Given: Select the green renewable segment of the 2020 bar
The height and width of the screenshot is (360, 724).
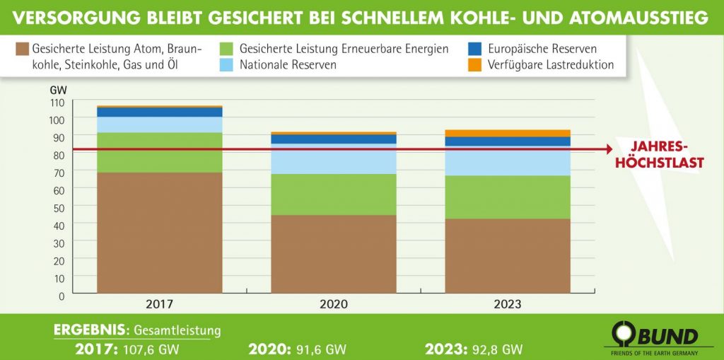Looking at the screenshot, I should pos(333,194).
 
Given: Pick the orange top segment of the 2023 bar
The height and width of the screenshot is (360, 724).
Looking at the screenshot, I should pos(508,133).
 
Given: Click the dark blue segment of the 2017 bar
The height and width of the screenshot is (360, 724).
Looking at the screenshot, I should pos(159,112).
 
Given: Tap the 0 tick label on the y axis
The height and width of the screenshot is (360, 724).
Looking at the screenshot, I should pos(61,295).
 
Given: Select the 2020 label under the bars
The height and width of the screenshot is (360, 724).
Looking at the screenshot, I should pos(333,305).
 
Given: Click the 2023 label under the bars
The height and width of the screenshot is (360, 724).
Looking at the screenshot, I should pos(508,305).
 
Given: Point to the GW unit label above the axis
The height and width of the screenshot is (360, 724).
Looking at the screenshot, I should pos(57,91).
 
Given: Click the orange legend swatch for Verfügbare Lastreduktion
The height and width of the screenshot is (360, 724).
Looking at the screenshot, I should pos(475,65).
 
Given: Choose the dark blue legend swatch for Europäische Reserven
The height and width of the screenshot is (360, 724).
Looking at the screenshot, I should pos(475,49).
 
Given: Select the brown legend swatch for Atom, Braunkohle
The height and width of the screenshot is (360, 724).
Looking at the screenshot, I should pos(21,49).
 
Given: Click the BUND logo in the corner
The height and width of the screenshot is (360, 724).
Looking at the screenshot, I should pos(654,335).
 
